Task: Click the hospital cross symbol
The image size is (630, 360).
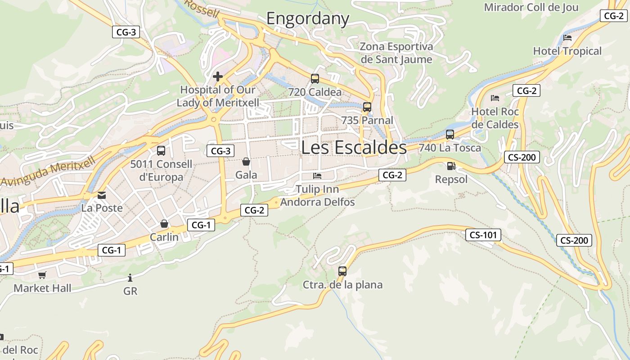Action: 218,76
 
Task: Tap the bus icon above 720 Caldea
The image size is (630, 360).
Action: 315,79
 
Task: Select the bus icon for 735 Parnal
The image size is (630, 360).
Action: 367,107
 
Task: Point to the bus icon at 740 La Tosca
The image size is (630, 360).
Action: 450,134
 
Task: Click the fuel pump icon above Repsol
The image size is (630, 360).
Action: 451,166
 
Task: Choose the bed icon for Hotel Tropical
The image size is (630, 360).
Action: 567,38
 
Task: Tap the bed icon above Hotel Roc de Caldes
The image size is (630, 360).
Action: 495,98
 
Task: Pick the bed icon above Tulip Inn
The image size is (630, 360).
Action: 317,175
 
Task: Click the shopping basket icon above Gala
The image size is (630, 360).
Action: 246,161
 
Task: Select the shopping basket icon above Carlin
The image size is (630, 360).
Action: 164,224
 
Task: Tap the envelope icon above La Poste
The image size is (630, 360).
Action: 102,195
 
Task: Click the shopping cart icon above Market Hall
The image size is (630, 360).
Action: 42,275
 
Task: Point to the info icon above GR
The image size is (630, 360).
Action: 130,278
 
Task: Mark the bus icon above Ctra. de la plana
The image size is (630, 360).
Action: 342,271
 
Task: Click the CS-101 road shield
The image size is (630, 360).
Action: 483,235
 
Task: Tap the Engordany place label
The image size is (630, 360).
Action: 308,19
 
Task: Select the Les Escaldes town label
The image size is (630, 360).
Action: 354,148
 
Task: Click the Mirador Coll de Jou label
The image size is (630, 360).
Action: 531,7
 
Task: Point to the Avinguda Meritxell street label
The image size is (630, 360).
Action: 49,171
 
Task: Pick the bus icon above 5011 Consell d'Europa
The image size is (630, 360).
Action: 161,151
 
